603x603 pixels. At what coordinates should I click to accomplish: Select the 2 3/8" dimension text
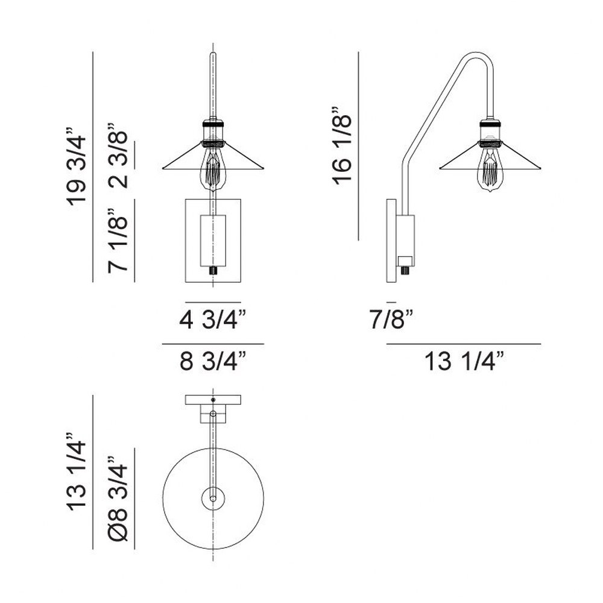(118, 156)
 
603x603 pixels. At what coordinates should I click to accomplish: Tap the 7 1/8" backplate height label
(118, 241)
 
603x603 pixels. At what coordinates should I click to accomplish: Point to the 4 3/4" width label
(213, 320)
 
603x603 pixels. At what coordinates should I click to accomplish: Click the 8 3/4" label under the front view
(213, 361)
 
